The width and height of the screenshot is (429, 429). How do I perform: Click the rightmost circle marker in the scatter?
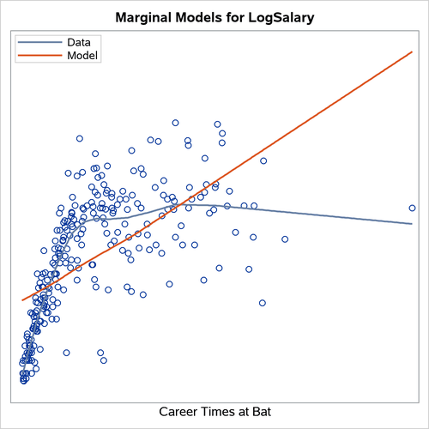412,208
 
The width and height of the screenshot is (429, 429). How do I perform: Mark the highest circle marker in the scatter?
175,123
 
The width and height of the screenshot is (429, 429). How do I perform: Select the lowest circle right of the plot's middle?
262,302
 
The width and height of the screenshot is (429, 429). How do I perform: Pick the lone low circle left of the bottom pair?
66,352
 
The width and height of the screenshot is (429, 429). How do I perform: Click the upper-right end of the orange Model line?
413,51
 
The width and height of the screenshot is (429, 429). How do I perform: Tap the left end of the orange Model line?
21,300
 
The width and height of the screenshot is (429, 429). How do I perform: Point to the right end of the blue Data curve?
413,223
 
